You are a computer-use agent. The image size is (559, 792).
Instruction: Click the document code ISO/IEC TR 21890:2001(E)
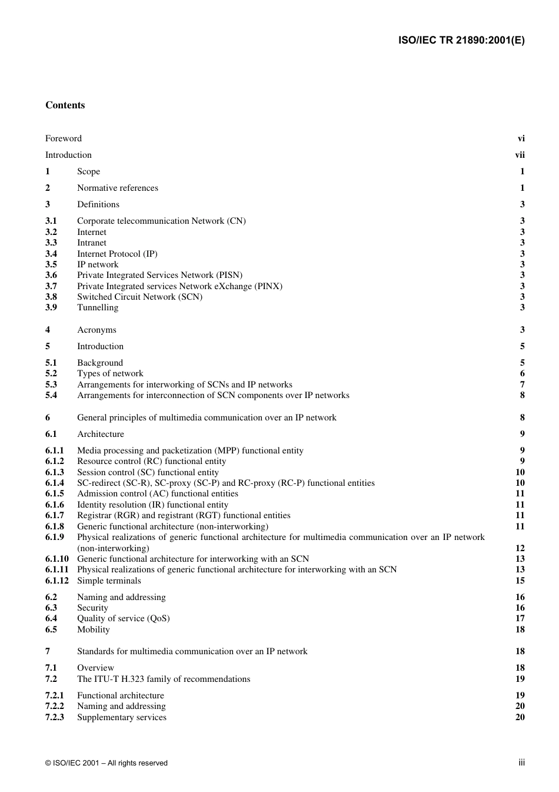pos(461,41)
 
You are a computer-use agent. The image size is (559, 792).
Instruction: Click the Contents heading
pos(65,105)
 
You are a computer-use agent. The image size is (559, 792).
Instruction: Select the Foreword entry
pos(64,138)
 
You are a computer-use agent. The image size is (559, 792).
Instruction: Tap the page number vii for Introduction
pos(520,155)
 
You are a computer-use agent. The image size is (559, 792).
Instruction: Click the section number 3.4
pos(51,254)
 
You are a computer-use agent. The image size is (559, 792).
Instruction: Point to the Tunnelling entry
pos(98,307)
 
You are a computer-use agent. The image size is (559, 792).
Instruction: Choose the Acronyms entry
pos(97,330)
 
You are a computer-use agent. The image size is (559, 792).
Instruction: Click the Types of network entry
pos(110,373)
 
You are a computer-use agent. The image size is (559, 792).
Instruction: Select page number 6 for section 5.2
pos(522,373)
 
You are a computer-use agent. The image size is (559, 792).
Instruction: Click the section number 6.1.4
pos(55,483)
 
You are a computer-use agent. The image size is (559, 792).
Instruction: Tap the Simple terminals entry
pos(109,581)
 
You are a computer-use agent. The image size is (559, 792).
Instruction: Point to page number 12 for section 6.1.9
pos(520,548)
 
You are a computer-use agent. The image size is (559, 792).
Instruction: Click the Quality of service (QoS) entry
pos(123,618)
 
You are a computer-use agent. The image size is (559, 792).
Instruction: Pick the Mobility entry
pos(94,629)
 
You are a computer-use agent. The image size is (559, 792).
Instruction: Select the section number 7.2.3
pos(55,717)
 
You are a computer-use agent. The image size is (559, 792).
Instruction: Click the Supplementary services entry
pos(122,717)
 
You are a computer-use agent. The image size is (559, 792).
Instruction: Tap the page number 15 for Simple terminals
pos(520,581)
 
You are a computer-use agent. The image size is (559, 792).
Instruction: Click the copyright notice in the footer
pos(107,763)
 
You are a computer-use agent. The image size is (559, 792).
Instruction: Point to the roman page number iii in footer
pos(521,763)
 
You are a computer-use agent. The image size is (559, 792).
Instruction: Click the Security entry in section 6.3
pos(92,608)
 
